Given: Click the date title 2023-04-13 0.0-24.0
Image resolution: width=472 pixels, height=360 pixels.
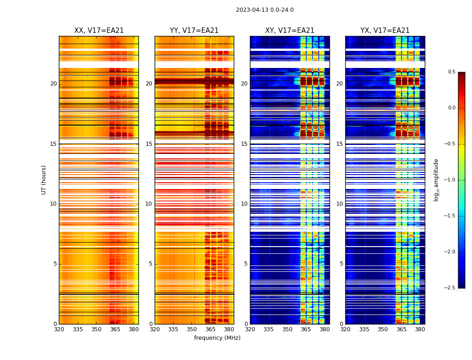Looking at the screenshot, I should pyautogui.click(x=265, y=10).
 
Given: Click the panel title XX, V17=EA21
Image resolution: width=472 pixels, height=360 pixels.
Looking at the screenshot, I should pyautogui.click(x=99, y=31).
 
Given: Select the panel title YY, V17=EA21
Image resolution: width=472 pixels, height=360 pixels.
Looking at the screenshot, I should pyautogui.click(x=194, y=31).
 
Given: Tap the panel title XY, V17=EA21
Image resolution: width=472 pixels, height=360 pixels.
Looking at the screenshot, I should pyautogui.click(x=290, y=31).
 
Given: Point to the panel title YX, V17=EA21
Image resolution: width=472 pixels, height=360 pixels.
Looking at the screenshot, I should pyautogui.click(x=385, y=31).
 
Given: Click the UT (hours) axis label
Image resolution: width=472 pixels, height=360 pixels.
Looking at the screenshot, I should pyautogui.click(x=44, y=180).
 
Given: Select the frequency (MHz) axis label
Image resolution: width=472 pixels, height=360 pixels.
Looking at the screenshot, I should pyautogui.click(x=217, y=338).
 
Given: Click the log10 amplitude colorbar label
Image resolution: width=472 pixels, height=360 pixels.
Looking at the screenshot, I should pyautogui.click(x=436, y=180).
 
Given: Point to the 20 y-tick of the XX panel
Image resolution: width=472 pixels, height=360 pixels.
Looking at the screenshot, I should pyautogui.click(x=53, y=84).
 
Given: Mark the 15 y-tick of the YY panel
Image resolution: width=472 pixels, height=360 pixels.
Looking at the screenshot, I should pyautogui.click(x=149, y=144).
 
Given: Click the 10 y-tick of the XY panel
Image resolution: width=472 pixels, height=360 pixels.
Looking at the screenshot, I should pyautogui.click(x=244, y=204).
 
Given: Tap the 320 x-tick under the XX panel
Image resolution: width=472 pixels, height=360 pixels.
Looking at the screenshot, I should pyautogui.click(x=59, y=329).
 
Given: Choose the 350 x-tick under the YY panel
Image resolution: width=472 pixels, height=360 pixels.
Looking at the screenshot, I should pyautogui.click(x=192, y=329).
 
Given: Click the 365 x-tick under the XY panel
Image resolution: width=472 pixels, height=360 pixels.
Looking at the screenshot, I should pyautogui.click(x=306, y=329).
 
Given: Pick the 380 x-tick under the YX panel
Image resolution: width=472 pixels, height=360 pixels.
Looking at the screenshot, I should pyautogui.click(x=420, y=329).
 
